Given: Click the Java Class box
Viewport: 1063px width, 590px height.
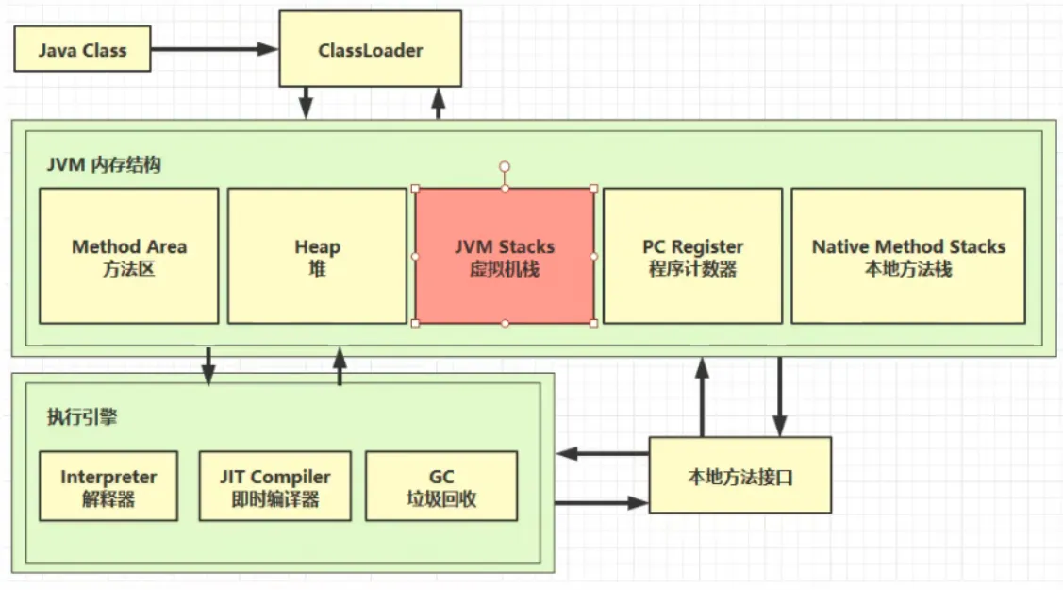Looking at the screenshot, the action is [x=82, y=49].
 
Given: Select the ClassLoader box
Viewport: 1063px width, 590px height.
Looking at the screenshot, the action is [x=370, y=49].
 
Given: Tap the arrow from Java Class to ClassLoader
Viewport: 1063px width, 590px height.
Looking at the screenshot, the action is [x=214, y=49].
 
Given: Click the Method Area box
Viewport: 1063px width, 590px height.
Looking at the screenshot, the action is [x=129, y=256].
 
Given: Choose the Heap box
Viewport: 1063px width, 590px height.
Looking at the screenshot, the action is [x=317, y=256].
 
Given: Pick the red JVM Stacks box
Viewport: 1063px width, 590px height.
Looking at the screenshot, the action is [x=505, y=256].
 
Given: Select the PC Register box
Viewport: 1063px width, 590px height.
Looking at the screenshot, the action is [x=693, y=256].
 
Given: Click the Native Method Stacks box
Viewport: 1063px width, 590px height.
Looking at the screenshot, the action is [x=908, y=256].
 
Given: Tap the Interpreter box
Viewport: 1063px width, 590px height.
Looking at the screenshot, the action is [x=108, y=486].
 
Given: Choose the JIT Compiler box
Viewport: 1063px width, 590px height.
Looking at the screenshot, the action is [x=275, y=486].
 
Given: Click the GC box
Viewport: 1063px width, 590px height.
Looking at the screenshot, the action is [x=441, y=486].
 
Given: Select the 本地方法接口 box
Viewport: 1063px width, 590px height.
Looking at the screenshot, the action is [x=740, y=475].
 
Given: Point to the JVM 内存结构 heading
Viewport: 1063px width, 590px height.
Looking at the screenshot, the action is [x=104, y=165].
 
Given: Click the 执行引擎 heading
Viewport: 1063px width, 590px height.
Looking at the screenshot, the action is [x=82, y=416].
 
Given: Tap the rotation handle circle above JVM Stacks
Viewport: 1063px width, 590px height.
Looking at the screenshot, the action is [x=505, y=166].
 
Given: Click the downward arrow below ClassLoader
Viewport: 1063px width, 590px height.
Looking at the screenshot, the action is [x=306, y=103].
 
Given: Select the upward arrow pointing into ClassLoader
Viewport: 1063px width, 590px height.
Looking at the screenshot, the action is [x=439, y=103].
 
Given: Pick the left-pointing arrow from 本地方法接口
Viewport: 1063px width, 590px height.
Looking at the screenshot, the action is [x=603, y=453].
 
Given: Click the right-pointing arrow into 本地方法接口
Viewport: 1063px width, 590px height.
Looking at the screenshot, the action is [x=602, y=502].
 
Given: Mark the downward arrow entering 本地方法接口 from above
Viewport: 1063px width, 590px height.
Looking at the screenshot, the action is [x=780, y=396].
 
